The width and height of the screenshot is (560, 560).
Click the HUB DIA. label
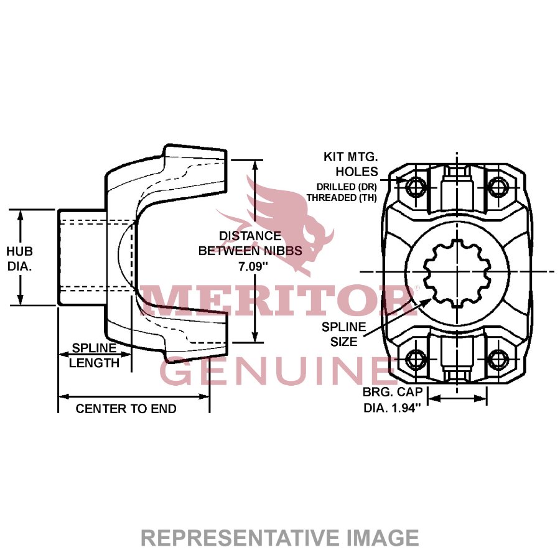pos(20,258)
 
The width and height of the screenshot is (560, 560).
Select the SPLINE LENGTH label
pos(94,355)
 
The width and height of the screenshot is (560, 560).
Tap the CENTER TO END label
pos(126,409)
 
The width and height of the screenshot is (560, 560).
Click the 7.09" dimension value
pos(250,266)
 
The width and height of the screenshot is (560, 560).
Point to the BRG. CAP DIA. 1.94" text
pos(392,400)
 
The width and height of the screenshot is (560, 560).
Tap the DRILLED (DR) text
pos(344,187)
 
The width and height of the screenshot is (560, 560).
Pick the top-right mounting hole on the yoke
pos(498,185)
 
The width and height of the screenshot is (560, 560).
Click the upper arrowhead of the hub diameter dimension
pos(21,215)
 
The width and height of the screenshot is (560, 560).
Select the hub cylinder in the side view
pos(87,257)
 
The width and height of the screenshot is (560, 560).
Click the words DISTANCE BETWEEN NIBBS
pos(250,243)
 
